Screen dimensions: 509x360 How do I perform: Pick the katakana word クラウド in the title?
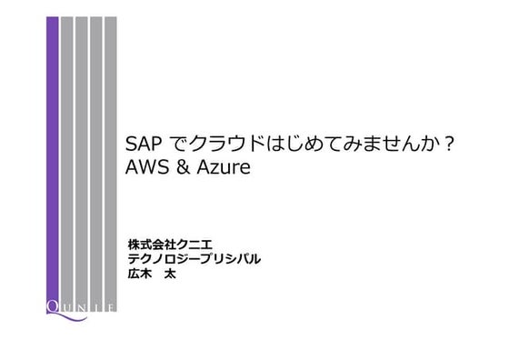(228, 146)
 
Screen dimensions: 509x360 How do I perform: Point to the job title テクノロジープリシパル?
(196, 258)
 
